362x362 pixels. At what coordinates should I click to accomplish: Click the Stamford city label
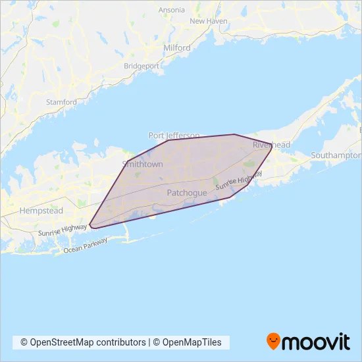pos(62,102)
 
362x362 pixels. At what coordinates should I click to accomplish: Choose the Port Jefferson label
pos(174,135)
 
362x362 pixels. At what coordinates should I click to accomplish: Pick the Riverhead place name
pos(267,144)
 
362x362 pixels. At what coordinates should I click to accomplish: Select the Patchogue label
pos(187,193)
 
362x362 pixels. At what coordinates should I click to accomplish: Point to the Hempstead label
pos(41,211)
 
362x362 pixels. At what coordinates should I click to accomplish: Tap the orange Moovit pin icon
pos(273,341)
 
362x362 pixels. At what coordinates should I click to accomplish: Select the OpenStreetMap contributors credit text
pos(83,342)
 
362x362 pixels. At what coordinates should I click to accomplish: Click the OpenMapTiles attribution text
pos(191,342)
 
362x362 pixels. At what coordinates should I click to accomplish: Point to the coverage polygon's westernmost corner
pos(90,224)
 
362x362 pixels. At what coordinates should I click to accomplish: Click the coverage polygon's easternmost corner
pos(272,147)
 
